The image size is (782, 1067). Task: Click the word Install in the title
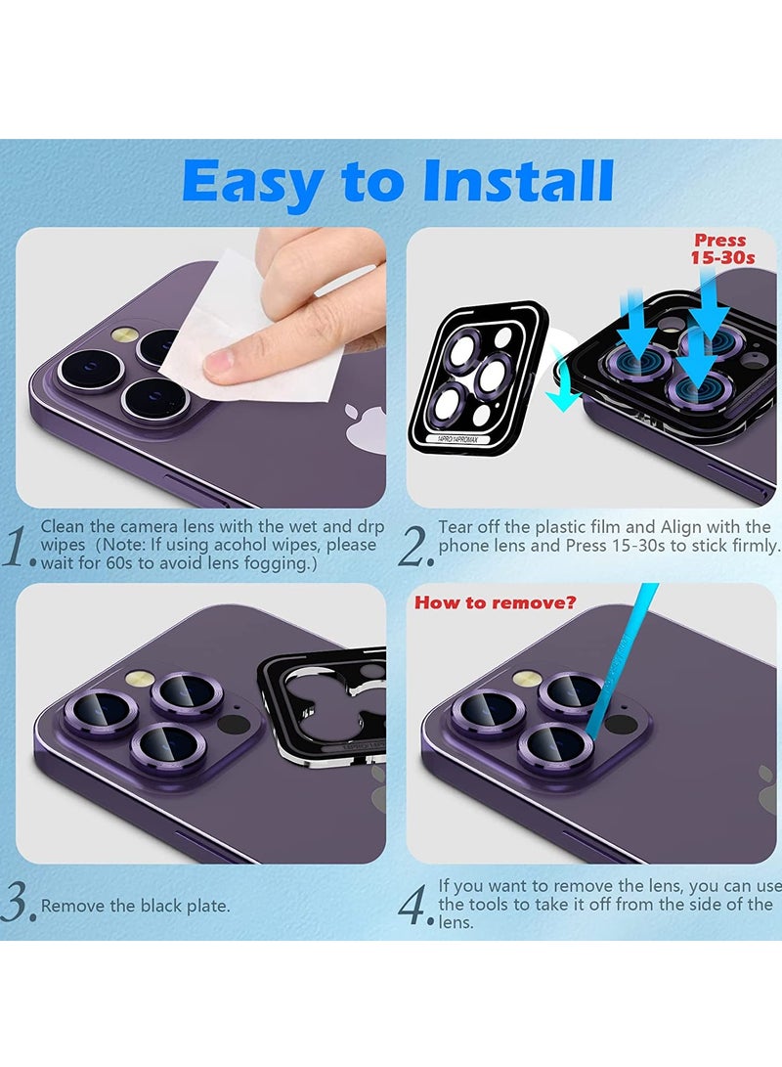(x=517, y=180)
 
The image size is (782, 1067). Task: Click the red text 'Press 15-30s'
(x=722, y=249)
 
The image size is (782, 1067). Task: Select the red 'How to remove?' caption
(x=495, y=602)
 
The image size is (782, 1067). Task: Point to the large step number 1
(x=18, y=547)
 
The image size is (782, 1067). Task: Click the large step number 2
(x=415, y=548)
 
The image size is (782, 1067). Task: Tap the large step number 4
(x=415, y=905)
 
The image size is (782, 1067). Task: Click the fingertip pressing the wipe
(x=225, y=364)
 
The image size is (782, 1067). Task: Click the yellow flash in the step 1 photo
(x=126, y=334)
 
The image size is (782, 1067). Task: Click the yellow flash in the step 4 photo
(x=526, y=679)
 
